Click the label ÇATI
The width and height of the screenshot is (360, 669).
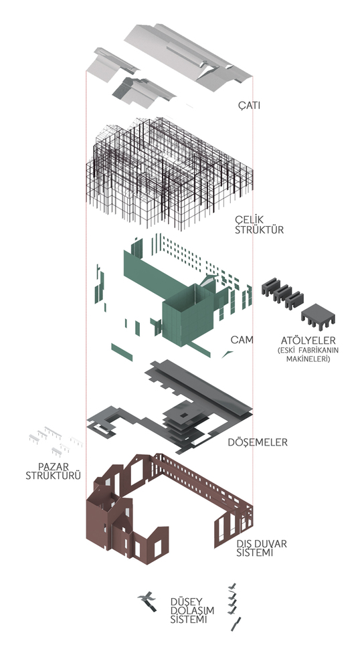click(x=249, y=104)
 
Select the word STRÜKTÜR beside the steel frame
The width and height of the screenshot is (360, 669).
click(x=260, y=229)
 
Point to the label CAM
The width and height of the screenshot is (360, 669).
click(x=242, y=340)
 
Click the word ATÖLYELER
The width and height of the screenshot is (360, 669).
click(x=308, y=341)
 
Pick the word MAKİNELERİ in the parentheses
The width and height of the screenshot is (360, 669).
click(x=308, y=359)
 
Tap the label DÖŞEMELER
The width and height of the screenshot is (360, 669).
click(x=258, y=442)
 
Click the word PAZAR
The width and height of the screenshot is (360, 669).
click(x=54, y=466)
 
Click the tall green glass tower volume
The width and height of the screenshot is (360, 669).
click(x=187, y=315)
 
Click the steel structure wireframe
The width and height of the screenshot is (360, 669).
click(x=169, y=173)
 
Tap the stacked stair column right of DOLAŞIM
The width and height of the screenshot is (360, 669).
click(x=234, y=607)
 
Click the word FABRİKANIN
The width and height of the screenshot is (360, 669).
click(x=317, y=351)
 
